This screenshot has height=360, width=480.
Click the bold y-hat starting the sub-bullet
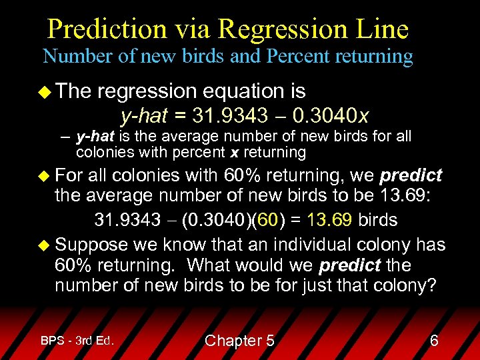click(94, 137)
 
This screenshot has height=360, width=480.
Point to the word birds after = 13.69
click(378, 220)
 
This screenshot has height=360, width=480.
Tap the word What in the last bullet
click(210, 265)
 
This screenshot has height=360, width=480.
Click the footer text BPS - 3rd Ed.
click(77, 341)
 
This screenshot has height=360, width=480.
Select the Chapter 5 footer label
click(239, 341)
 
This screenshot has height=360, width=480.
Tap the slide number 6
click(434, 341)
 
